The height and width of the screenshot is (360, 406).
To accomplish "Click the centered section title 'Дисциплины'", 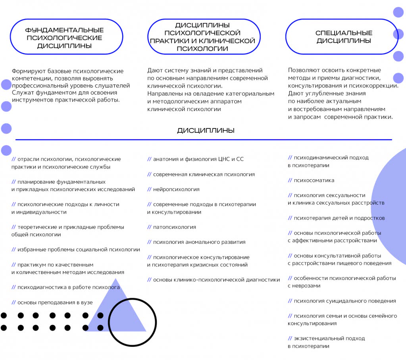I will [x=206, y=130].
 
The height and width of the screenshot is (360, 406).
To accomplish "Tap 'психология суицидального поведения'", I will [x=345, y=301].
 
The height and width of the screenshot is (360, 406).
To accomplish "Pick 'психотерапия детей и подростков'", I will [x=339, y=218].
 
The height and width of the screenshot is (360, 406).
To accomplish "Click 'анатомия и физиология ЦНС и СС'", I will [x=198, y=159].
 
